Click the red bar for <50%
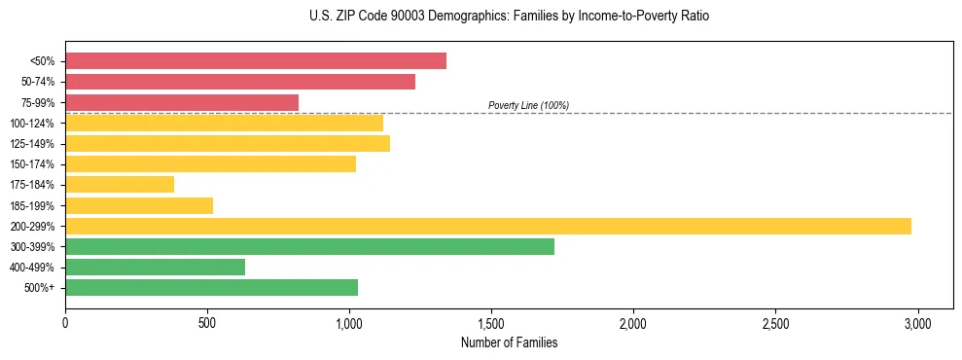[x=256, y=61]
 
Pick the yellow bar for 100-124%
[x=224, y=123]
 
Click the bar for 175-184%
[x=120, y=185]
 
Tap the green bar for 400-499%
[x=155, y=267]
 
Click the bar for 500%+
[x=211, y=287]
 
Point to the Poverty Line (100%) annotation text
[x=528, y=105]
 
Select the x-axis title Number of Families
[x=510, y=342]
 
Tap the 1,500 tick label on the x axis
[x=491, y=322]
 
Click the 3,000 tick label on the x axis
[x=917, y=322]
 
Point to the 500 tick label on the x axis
[x=207, y=322]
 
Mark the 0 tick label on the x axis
[x=65, y=322]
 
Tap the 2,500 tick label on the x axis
[x=775, y=322]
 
